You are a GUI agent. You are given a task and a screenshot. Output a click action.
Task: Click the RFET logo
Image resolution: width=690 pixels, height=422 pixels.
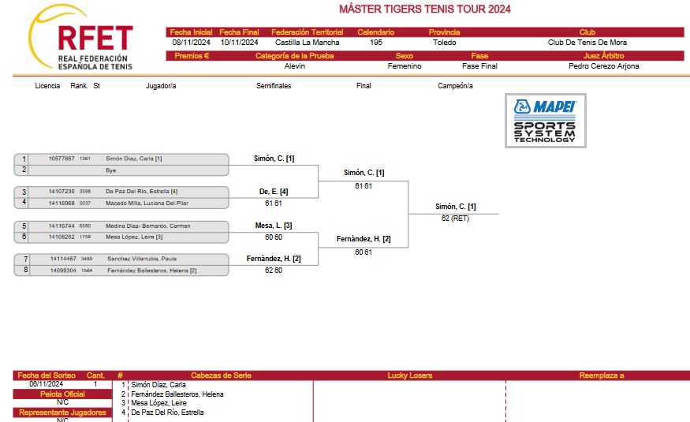coord(81,38)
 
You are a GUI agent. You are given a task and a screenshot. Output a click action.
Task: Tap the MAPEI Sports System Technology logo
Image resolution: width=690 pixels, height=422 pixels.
coord(545,121)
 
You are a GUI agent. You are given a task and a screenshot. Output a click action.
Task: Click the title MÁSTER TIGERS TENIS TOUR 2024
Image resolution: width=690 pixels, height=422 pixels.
coord(425,9)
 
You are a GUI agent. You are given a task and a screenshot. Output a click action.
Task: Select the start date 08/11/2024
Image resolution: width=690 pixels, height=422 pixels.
coord(191,43)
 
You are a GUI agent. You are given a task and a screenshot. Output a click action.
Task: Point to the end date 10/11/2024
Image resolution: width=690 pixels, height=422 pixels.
coord(240,43)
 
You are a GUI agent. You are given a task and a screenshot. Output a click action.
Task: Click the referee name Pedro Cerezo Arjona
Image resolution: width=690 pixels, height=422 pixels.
coord(603,66)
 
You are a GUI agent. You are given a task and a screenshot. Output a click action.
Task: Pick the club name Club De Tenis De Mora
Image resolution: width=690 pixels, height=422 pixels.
coord(587,43)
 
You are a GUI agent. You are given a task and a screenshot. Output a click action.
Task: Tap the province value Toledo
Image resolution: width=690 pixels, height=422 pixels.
coord(445,43)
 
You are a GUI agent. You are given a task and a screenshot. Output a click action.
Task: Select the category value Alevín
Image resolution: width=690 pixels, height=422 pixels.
coord(294,66)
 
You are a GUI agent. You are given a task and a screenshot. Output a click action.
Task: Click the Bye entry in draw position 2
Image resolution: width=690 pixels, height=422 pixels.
coord(111,170)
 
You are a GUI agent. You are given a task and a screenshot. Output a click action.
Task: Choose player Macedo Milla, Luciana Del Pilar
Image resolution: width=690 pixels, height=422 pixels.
coord(147,203)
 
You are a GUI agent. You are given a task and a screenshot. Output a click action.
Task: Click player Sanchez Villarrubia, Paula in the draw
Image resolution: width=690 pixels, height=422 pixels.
coord(142,259)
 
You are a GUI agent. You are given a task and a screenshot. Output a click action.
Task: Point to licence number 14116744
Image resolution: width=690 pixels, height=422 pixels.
coord(62,226)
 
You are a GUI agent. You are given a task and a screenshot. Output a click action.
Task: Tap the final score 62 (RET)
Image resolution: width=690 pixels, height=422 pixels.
coord(455,218)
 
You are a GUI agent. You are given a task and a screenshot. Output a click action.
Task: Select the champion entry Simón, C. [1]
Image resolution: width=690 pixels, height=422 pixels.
coord(456,207)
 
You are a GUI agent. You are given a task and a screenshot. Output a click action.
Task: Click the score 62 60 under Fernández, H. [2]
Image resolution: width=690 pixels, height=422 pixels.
coord(274,271)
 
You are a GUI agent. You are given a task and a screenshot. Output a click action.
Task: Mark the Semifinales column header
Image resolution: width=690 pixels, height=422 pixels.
coord(274,86)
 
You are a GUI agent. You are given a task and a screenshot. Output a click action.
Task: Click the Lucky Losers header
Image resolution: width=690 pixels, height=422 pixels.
coord(410,375)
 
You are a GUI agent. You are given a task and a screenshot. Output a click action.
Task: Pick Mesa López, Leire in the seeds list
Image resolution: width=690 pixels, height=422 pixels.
coord(159,402)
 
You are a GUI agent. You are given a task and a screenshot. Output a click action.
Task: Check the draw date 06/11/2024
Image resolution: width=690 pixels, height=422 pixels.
coord(47,383)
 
